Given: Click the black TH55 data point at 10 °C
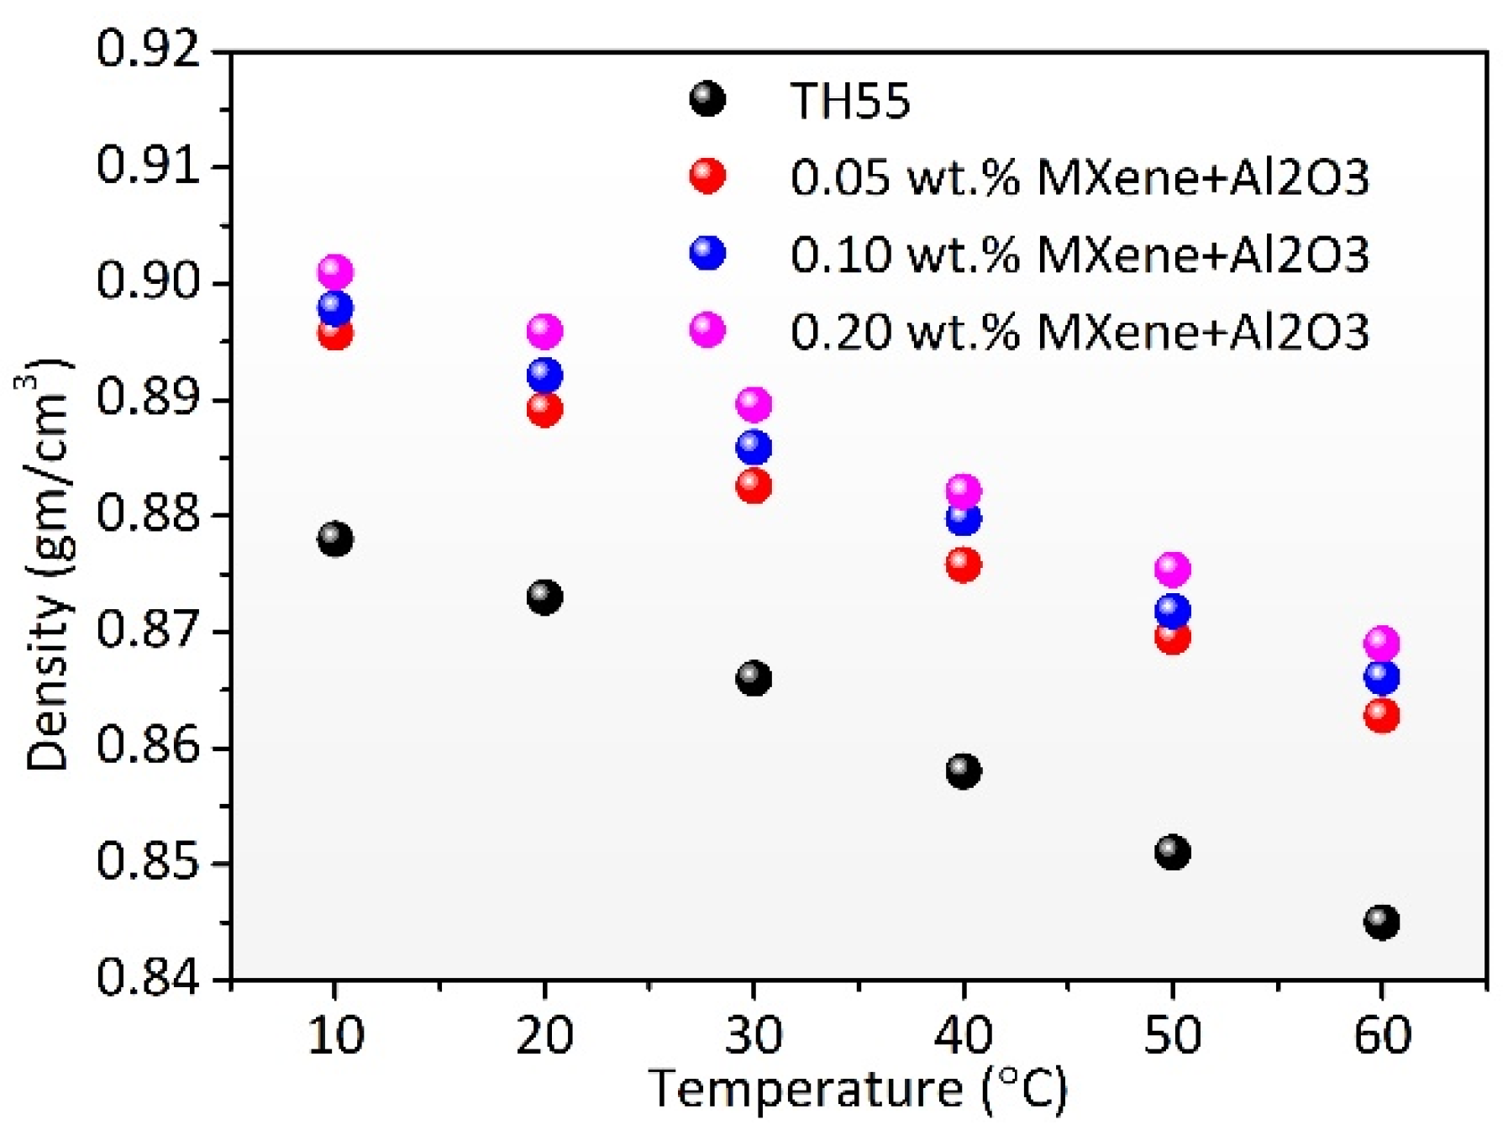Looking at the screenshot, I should [334, 539].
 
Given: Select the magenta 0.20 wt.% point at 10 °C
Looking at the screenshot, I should [334, 271].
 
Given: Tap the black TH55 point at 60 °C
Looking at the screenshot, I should [1381, 922].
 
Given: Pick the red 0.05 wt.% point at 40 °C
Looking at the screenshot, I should [963, 564].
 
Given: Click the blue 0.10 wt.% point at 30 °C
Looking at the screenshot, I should [753, 447].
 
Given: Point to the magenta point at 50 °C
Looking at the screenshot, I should [1172, 570].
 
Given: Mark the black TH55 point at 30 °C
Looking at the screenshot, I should [753, 677].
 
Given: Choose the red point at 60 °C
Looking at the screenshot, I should [1381, 715].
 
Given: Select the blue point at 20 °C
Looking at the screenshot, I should [544, 375].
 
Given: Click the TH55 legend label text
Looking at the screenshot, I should [849, 101].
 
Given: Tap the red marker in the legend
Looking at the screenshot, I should [707, 176].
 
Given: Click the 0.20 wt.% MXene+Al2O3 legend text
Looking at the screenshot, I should [1079, 331].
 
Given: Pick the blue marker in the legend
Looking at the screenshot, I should [707, 253].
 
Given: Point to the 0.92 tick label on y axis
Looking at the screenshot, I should [150, 50].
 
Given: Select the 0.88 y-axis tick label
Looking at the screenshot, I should [150, 514].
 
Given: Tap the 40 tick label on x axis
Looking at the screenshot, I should [963, 1035].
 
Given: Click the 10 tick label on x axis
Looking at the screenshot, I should [335, 1035].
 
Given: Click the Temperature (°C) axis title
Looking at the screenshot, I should [857, 1090].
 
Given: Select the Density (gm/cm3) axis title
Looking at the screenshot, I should [46, 565].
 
